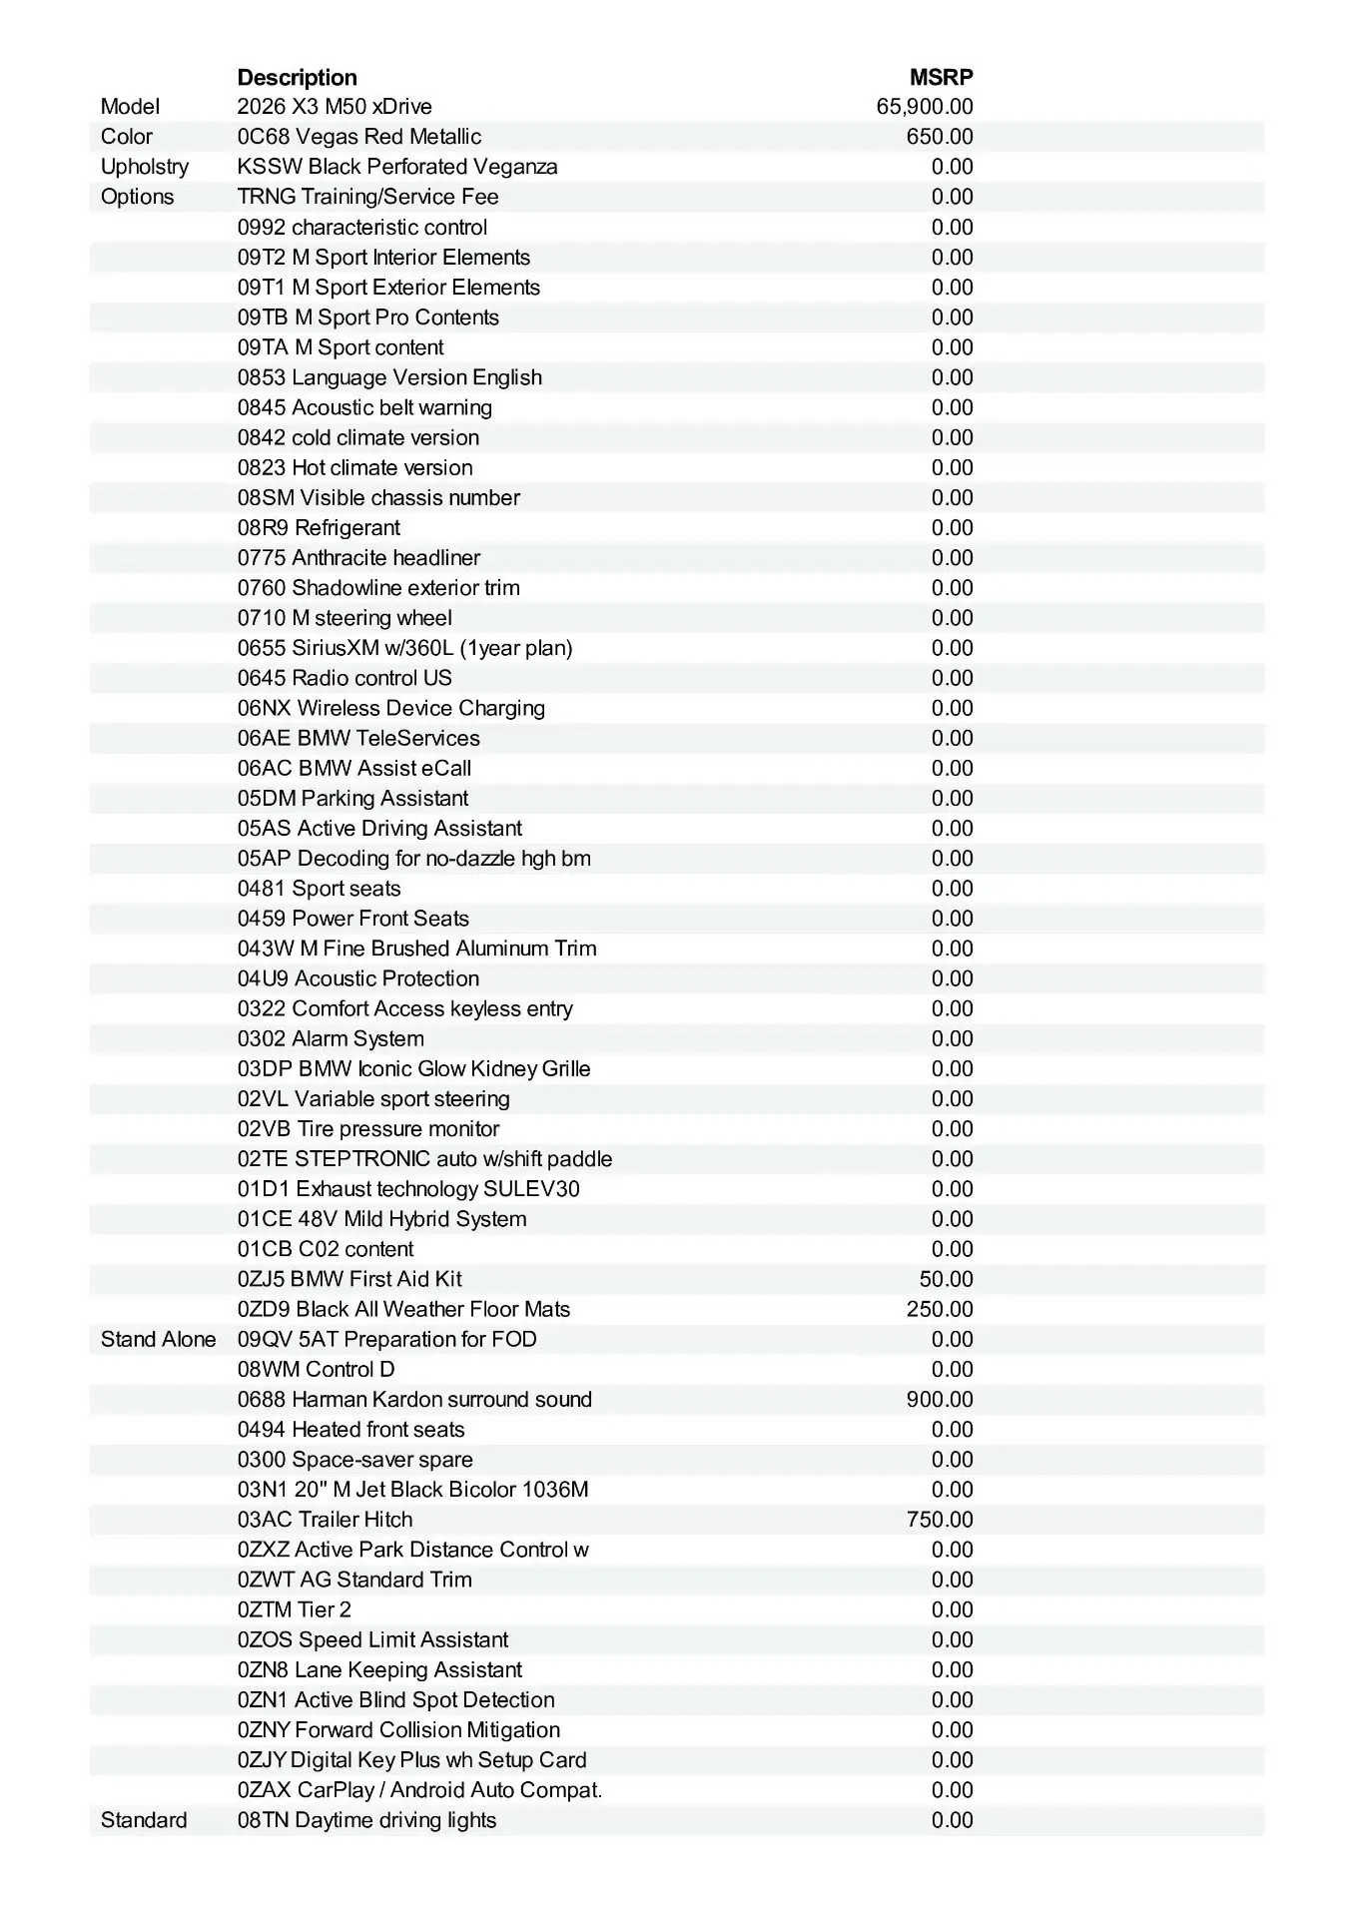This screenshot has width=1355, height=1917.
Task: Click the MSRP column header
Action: click(x=941, y=77)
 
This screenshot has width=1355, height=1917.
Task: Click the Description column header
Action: click(x=297, y=77)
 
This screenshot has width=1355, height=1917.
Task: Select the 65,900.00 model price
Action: click(x=925, y=107)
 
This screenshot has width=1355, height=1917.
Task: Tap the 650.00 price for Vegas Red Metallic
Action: click(x=940, y=137)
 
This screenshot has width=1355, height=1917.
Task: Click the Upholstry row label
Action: click(x=144, y=167)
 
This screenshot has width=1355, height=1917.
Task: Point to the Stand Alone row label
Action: click(x=158, y=1339)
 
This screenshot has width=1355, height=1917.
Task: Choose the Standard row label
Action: click(x=144, y=1820)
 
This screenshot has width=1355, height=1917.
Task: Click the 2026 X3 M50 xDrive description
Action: click(x=335, y=107)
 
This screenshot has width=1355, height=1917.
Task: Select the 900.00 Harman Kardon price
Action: click(x=940, y=1399)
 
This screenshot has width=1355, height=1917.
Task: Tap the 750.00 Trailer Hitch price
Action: click(x=940, y=1519)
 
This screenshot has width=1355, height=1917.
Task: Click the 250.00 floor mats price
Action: click(x=940, y=1309)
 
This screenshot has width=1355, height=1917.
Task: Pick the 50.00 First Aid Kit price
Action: click(x=946, y=1279)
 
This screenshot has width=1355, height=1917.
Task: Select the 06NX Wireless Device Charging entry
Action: click(x=390, y=708)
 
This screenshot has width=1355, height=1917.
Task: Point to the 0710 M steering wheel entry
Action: click(x=344, y=618)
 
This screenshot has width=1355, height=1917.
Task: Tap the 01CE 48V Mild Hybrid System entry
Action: click(x=381, y=1219)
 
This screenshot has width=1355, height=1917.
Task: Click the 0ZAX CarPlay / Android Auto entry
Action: click(x=419, y=1790)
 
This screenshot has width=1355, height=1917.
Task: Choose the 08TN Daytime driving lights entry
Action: click(x=366, y=1820)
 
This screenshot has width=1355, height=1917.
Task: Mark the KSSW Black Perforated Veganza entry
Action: click(x=397, y=167)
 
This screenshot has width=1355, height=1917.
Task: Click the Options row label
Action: click(x=137, y=197)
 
